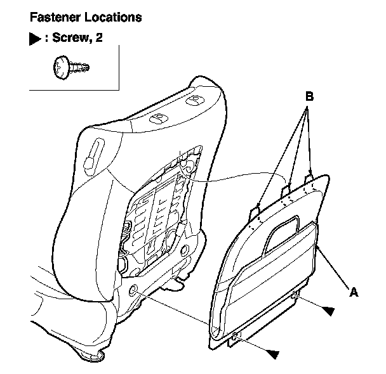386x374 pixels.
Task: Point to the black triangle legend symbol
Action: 36,39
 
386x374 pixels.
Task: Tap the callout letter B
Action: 309,97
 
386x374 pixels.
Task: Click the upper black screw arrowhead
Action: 328,310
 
